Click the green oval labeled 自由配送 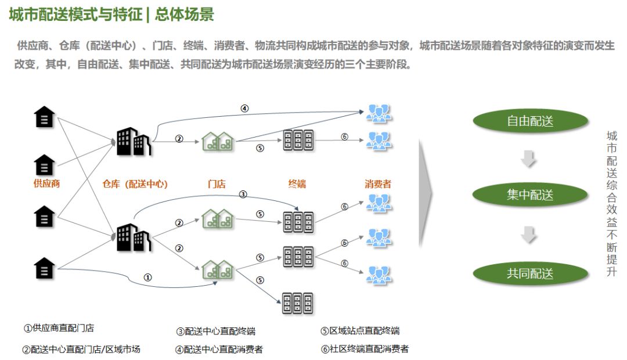tap(529, 121)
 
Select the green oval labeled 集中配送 tap(529, 195)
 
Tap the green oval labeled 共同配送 tap(529, 273)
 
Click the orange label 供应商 tap(47, 183)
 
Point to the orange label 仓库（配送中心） tap(135, 184)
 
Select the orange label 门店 tap(217, 184)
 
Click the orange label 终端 tap(297, 184)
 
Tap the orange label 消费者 tap(378, 184)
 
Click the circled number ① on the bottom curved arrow tap(148, 278)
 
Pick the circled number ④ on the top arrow tap(244, 108)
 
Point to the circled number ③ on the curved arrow tap(243, 194)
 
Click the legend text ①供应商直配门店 tap(59, 328)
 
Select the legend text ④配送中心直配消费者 tap(219, 350)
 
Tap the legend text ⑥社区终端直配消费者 tap(365, 349)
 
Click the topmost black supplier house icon tap(45, 117)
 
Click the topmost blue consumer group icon tap(379, 113)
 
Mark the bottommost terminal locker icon tap(297, 303)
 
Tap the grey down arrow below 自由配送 tap(529, 159)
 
